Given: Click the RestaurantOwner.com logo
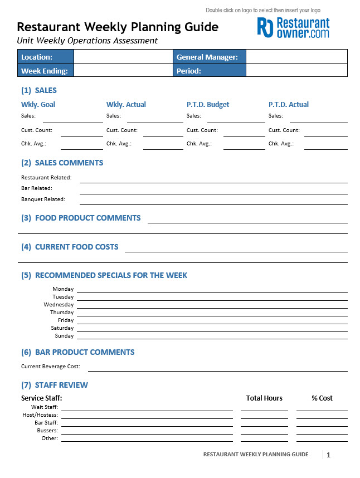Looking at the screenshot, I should click(x=293, y=27).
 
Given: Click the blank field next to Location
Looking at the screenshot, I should click(x=123, y=57).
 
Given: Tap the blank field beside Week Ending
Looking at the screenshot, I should click(x=123, y=71).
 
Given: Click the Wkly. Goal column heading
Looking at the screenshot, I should click(x=38, y=105).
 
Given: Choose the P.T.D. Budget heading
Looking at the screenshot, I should click(x=208, y=105).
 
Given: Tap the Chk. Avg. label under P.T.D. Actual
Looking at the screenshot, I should click(x=281, y=144).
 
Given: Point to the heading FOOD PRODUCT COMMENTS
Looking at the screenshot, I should click(x=87, y=218).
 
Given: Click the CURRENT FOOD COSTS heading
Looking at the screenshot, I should click(x=76, y=247).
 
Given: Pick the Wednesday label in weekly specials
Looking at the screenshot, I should click(x=59, y=305).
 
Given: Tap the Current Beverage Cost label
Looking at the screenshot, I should click(x=51, y=367).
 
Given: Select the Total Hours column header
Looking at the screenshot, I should click(x=264, y=398).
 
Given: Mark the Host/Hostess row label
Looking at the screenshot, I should click(x=40, y=415).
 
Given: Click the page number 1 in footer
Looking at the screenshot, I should click(x=328, y=455).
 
